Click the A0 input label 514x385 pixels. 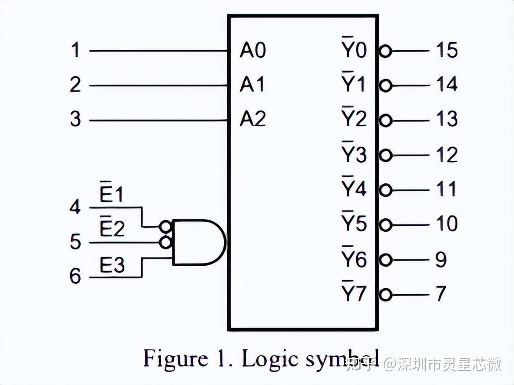252,51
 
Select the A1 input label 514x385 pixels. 252,85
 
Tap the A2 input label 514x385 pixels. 252,120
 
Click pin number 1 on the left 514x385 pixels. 75,50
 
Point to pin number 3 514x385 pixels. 75,120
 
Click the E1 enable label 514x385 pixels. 111,195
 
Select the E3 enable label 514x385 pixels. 112,266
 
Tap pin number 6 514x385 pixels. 75,276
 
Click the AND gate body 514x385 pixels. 197,242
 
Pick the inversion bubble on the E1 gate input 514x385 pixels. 166,225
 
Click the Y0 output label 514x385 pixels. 353,50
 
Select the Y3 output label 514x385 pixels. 353,155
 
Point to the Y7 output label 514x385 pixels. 353,294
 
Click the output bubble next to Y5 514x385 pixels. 385,225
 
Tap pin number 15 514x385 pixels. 447,50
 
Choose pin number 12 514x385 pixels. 447,155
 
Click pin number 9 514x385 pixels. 441,259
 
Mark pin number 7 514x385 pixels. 441,294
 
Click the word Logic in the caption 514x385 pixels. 269,360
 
